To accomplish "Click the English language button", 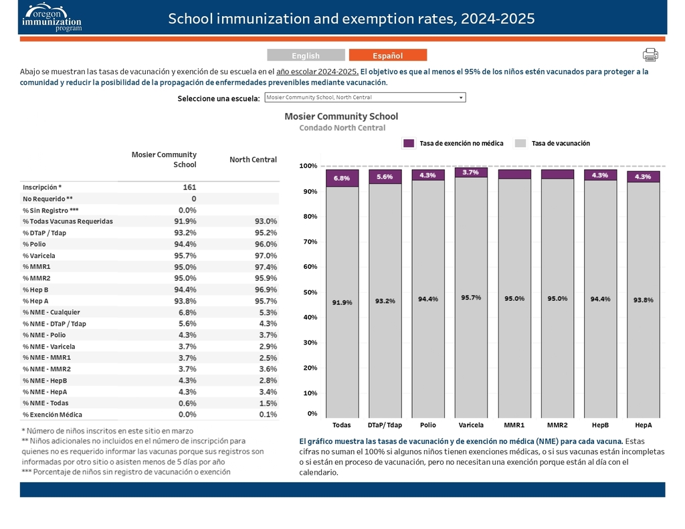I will (x=306, y=56).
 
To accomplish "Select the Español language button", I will (x=387, y=56).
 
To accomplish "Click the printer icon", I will (x=650, y=55).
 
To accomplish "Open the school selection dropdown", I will (x=365, y=98).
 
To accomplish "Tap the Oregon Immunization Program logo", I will (x=52, y=18).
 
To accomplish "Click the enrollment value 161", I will (x=189, y=187).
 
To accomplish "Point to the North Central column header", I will (x=253, y=159).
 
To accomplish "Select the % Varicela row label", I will (x=39, y=255).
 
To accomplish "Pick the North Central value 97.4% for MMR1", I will (x=262, y=267).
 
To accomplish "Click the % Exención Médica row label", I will (x=52, y=415).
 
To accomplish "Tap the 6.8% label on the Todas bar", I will (x=341, y=179).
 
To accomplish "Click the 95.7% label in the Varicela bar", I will (x=471, y=298).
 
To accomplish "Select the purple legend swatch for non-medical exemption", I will (x=409, y=143).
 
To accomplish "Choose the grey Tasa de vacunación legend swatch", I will (x=520, y=143).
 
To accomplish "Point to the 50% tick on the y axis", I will (x=308, y=292).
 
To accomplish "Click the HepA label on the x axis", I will (x=643, y=425).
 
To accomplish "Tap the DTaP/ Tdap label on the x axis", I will (x=385, y=425).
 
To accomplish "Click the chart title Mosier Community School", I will (x=341, y=116).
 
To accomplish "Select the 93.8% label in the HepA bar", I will (x=643, y=300).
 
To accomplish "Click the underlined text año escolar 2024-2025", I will (x=317, y=72).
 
